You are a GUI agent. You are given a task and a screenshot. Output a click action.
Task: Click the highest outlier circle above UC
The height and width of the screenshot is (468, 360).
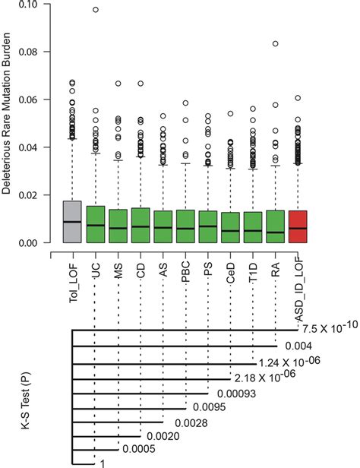[95, 10]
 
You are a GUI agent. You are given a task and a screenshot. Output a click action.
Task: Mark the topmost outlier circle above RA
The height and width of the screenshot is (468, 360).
[276, 43]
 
